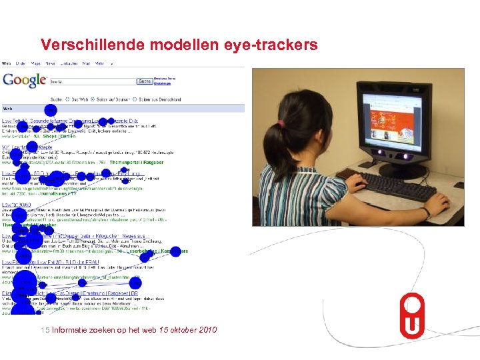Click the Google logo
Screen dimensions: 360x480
click(24, 80)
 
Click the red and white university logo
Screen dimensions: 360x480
click(412, 316)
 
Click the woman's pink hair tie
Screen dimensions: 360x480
click(284, 123)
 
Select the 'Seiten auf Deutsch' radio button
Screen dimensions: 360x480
click(93, 99)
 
